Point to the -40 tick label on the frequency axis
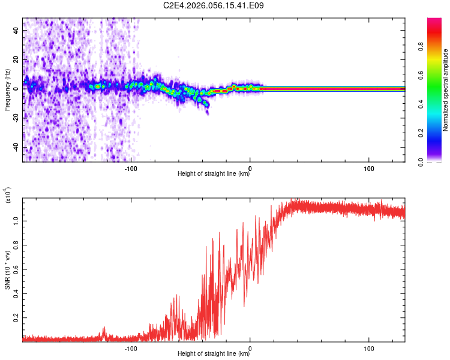click(16, 147)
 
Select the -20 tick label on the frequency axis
click(16, 118)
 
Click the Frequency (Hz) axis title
click(7, 89)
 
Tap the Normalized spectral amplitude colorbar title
click(445, 90)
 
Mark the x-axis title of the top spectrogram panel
click(214, 173)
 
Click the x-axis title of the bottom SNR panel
click(214, 353)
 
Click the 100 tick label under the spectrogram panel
click(368, 168)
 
